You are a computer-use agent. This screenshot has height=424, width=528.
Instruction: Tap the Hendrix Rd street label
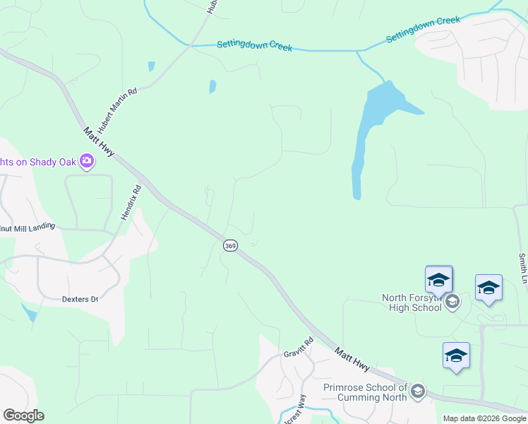coord(131,202)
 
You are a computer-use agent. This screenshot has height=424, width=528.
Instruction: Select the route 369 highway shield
coord(230,245)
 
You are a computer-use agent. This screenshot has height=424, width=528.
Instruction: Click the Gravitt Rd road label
coord(298,347)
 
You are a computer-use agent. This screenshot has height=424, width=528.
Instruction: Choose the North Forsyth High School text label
coord(412,302)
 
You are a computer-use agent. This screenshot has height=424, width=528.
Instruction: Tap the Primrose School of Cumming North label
coord(365,392)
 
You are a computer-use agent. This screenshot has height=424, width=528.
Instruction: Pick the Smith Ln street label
coord(522,264)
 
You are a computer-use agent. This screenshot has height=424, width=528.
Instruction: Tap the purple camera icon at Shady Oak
coord(87,162)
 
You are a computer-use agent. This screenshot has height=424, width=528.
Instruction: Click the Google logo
coord(23,416)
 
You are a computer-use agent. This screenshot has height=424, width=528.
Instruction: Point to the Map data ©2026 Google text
coord(484,418)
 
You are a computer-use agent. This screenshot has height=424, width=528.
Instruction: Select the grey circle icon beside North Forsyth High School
coord(452,302)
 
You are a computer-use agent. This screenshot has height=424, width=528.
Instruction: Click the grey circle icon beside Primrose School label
coord(419,391)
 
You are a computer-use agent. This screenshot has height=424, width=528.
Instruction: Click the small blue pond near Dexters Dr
coord(29,312)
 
